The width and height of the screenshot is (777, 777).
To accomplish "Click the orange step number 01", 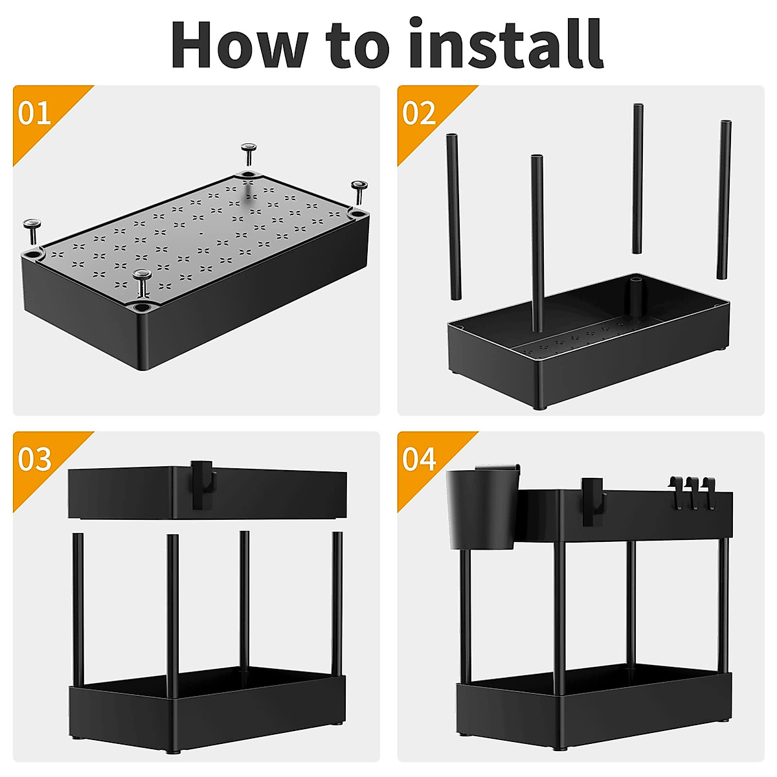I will pos(34,113).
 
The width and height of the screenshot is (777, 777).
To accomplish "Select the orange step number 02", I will pos(418,113).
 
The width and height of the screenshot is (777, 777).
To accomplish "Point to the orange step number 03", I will pos(34,459).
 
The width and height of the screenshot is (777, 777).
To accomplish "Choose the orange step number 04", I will pos(418,459).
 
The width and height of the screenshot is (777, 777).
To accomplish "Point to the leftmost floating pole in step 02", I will pos(453,217).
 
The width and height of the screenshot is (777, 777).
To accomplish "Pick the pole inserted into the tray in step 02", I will pos(537,246).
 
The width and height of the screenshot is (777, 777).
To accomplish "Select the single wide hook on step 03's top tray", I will pos(202,484).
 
